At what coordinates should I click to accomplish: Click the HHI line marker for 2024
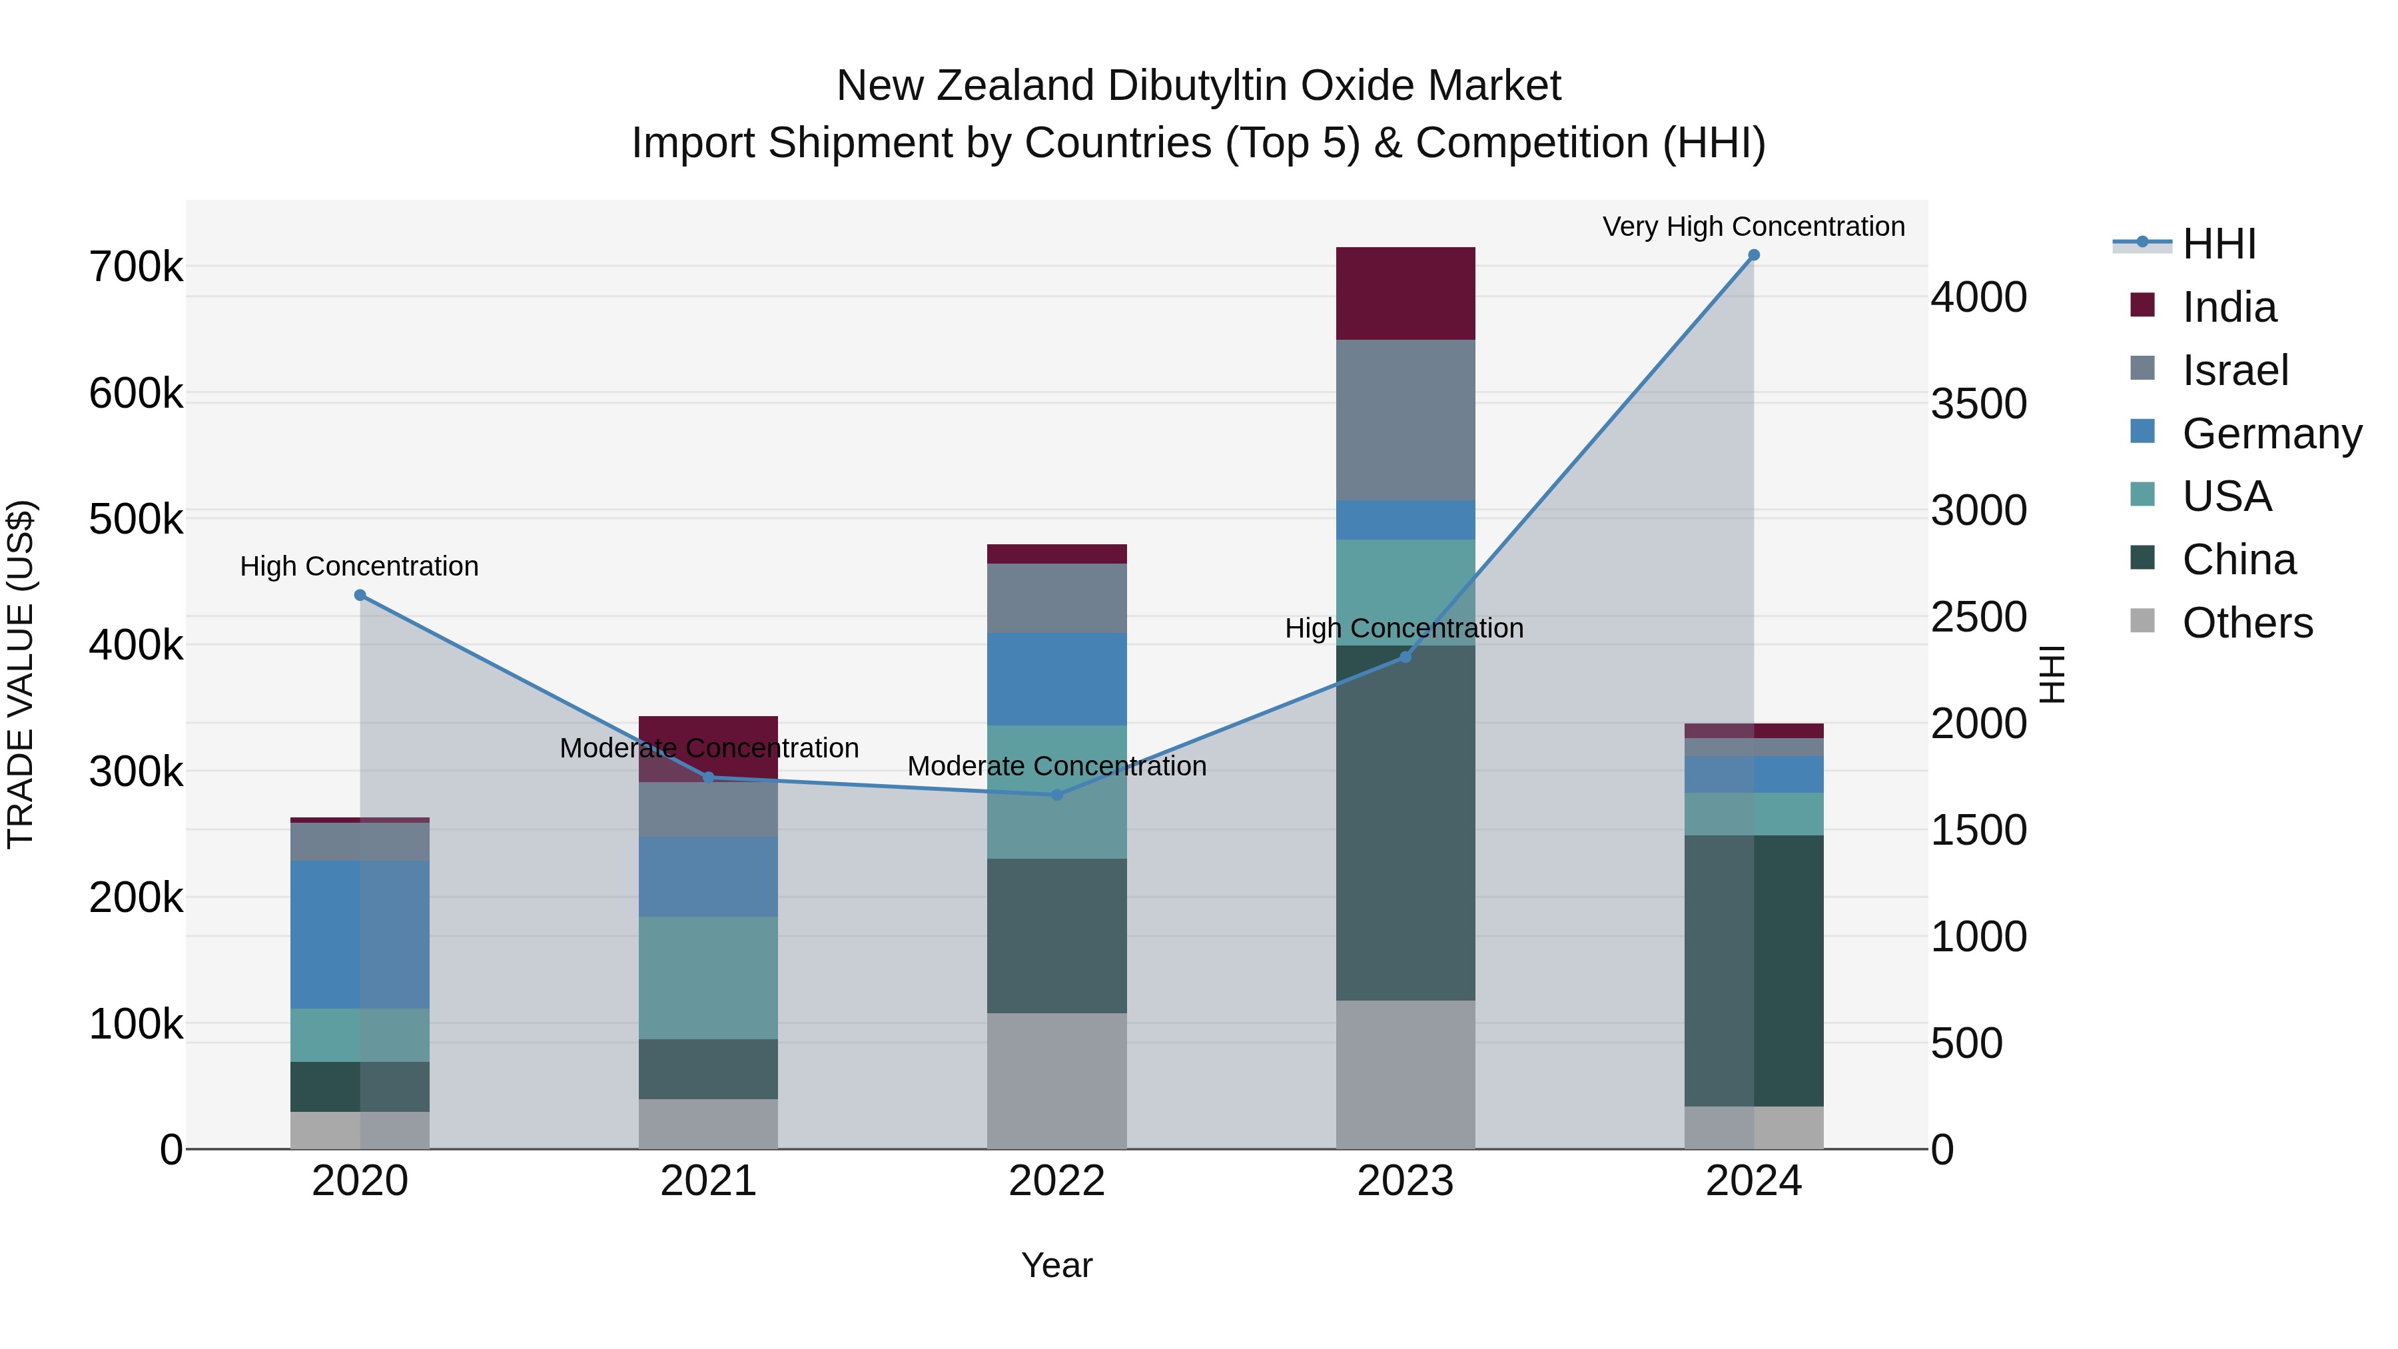(1754, 255)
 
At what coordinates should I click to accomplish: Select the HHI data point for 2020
(360, 595)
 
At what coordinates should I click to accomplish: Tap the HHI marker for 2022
(1056, 795)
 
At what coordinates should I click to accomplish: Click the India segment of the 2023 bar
(1405, 293)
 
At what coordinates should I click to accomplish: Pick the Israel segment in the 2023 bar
(1405, 419)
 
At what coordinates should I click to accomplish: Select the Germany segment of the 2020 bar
(360, 934)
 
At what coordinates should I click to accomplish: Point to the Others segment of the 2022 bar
(1056, 1080)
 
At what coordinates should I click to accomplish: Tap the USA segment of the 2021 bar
(709, 977)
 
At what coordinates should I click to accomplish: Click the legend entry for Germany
(2271, 434)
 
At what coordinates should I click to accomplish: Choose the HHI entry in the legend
(2218, 244)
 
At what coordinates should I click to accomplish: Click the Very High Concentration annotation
(1754, 226)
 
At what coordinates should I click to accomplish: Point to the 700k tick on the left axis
(136, 267)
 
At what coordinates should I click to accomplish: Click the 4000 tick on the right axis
(1978, 297)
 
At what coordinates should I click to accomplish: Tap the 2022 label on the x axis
(1056, 1180)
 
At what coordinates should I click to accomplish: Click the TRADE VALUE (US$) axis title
(21, 674)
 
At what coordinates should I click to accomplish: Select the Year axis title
(1056, 1265)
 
